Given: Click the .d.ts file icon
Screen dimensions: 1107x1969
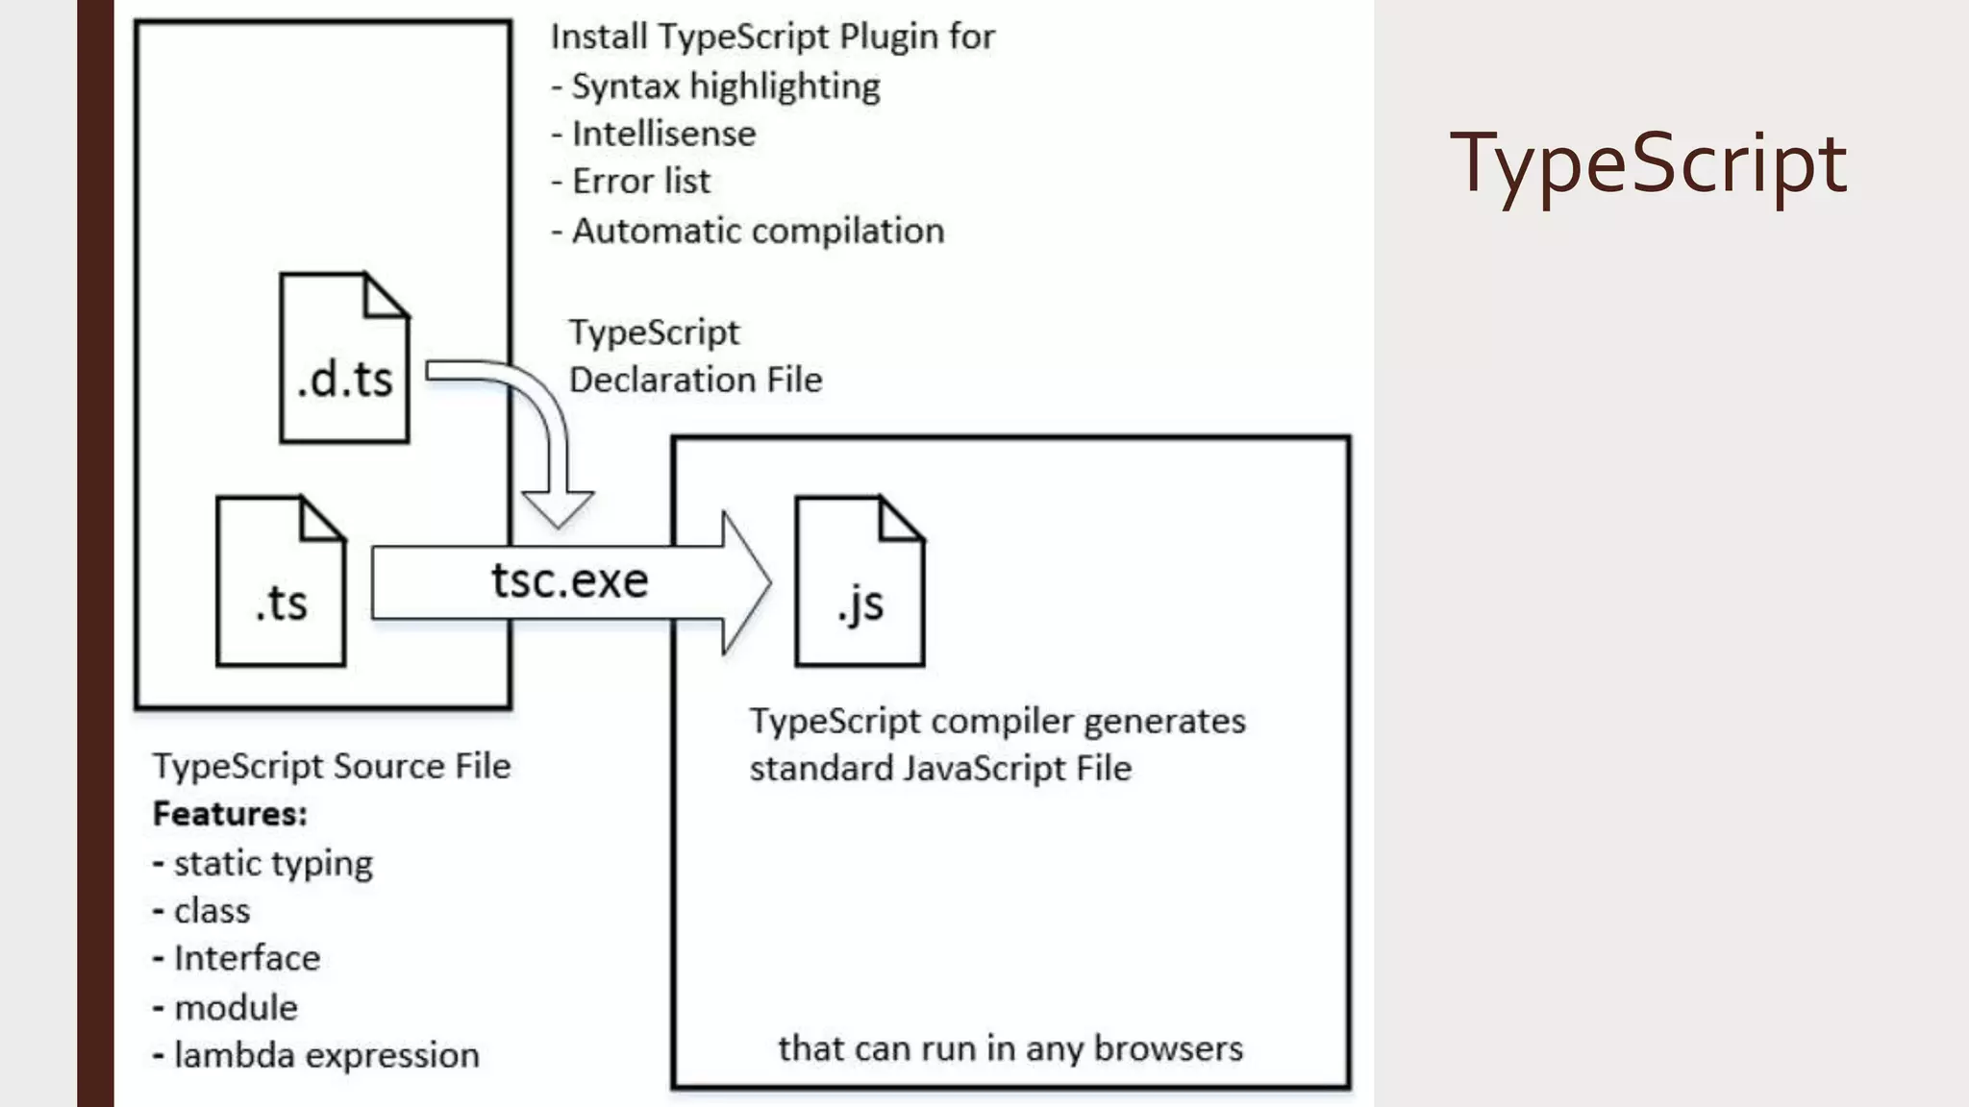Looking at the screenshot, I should pyautogui.click(x=344, y=358).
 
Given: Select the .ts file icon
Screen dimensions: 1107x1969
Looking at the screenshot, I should pyautogui.click(x=281, y=581).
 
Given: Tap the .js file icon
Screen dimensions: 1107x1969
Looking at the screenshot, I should pyautogui.click(x=860, y=581).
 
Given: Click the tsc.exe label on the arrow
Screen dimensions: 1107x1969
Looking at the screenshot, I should pyautogui.click(x=569, y=580).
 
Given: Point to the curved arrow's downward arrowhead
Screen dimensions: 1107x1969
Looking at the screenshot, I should pyautogui.click(x=558, y=507).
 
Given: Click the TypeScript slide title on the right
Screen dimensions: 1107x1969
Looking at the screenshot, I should pyautogui.click(x=1648, y=163).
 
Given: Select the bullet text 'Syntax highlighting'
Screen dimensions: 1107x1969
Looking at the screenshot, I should pyautogui.click(x=726, y=86).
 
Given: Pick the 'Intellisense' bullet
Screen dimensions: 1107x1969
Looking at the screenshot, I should pyautogui.click(x=663, y=134).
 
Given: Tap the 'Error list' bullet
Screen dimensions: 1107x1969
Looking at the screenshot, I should pyautogui.click(x=640, y=182).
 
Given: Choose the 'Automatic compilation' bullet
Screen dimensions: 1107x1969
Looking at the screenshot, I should pyautogui.click(x=758, y=231).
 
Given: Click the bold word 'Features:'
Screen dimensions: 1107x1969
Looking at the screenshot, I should pyautogui.click(x=230, y=814).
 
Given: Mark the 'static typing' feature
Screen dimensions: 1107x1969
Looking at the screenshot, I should pyautogui.click(x=273, y=864).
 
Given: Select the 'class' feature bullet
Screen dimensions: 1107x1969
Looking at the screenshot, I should pyautogui.click(x=212, y=911).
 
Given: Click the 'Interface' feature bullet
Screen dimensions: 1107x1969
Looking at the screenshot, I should pyautogui.click(x=246, y=958).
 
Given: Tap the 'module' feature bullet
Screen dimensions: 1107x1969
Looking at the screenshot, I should pyautogui.click(x=236, y=1008).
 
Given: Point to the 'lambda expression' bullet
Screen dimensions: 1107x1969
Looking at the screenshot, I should pyautogui.click(x=326, y=1055).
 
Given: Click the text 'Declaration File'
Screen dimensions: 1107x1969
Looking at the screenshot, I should pyautogui.click(x=695, y=380).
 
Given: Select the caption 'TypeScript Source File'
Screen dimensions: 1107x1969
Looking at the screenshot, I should pyautogui.click(x=332, y=766).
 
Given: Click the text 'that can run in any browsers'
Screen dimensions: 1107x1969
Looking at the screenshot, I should pyautogui.click(x=1010, y=1048).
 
